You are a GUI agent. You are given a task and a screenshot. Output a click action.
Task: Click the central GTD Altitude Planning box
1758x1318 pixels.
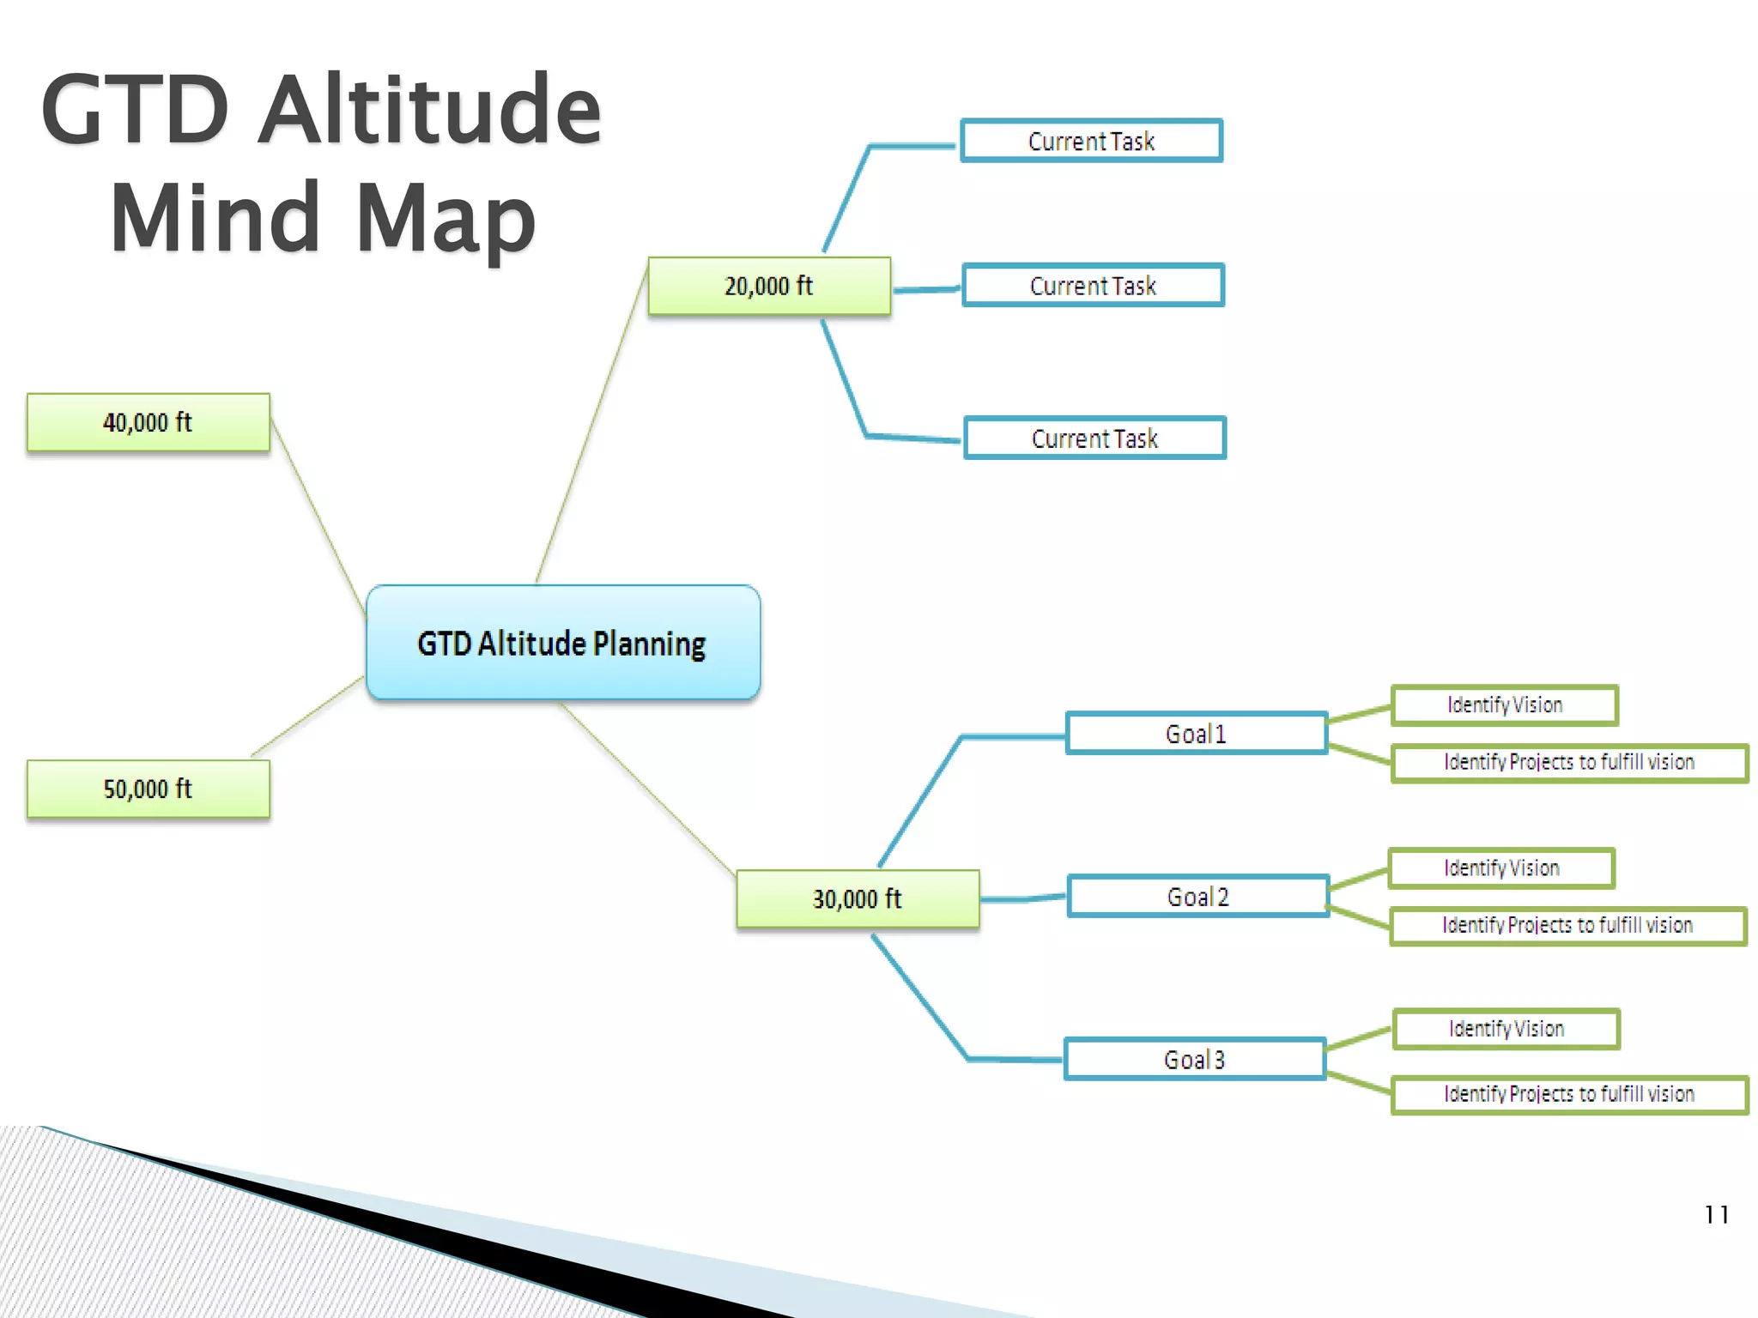(563, 643)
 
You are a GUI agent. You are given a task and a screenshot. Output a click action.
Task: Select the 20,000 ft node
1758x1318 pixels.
(769, 286)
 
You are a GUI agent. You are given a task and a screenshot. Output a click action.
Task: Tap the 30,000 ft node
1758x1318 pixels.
(858, 898)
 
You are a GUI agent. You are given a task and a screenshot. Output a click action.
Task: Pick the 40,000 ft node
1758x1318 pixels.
(148, 422)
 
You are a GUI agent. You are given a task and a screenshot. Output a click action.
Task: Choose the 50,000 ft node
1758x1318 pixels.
(148, 789)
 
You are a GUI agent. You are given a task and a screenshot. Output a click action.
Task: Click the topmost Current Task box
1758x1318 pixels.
(1092, 141)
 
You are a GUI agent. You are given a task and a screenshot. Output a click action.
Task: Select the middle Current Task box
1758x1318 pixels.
(1094, 285)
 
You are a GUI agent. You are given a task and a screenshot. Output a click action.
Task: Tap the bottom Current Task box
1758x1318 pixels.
(1095, 438)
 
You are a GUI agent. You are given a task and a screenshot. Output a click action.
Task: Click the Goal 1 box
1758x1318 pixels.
(1197, 734)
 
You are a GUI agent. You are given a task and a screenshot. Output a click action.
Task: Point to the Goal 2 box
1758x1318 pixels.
(1198, 897)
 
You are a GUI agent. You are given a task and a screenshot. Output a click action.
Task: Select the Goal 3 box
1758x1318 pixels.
(1195, 1059)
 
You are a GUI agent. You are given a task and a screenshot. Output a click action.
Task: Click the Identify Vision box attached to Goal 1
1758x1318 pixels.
(1505, 705)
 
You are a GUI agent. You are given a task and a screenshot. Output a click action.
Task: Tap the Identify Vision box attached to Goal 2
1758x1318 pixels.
(1501, 868)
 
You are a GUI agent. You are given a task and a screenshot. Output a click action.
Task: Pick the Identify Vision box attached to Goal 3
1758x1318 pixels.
(1506, 1029)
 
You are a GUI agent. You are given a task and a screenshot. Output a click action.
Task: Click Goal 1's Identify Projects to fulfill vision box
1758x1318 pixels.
(1569, 763)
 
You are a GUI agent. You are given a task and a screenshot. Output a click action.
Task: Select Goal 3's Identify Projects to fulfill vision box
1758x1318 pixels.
(1569, 1095)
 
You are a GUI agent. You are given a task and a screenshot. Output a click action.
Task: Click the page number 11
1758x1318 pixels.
(1717, 1215)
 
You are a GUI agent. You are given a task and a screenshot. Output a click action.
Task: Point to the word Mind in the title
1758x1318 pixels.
(215, 218)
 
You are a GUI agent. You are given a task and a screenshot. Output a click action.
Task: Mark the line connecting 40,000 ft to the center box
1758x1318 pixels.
(318, 516)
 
